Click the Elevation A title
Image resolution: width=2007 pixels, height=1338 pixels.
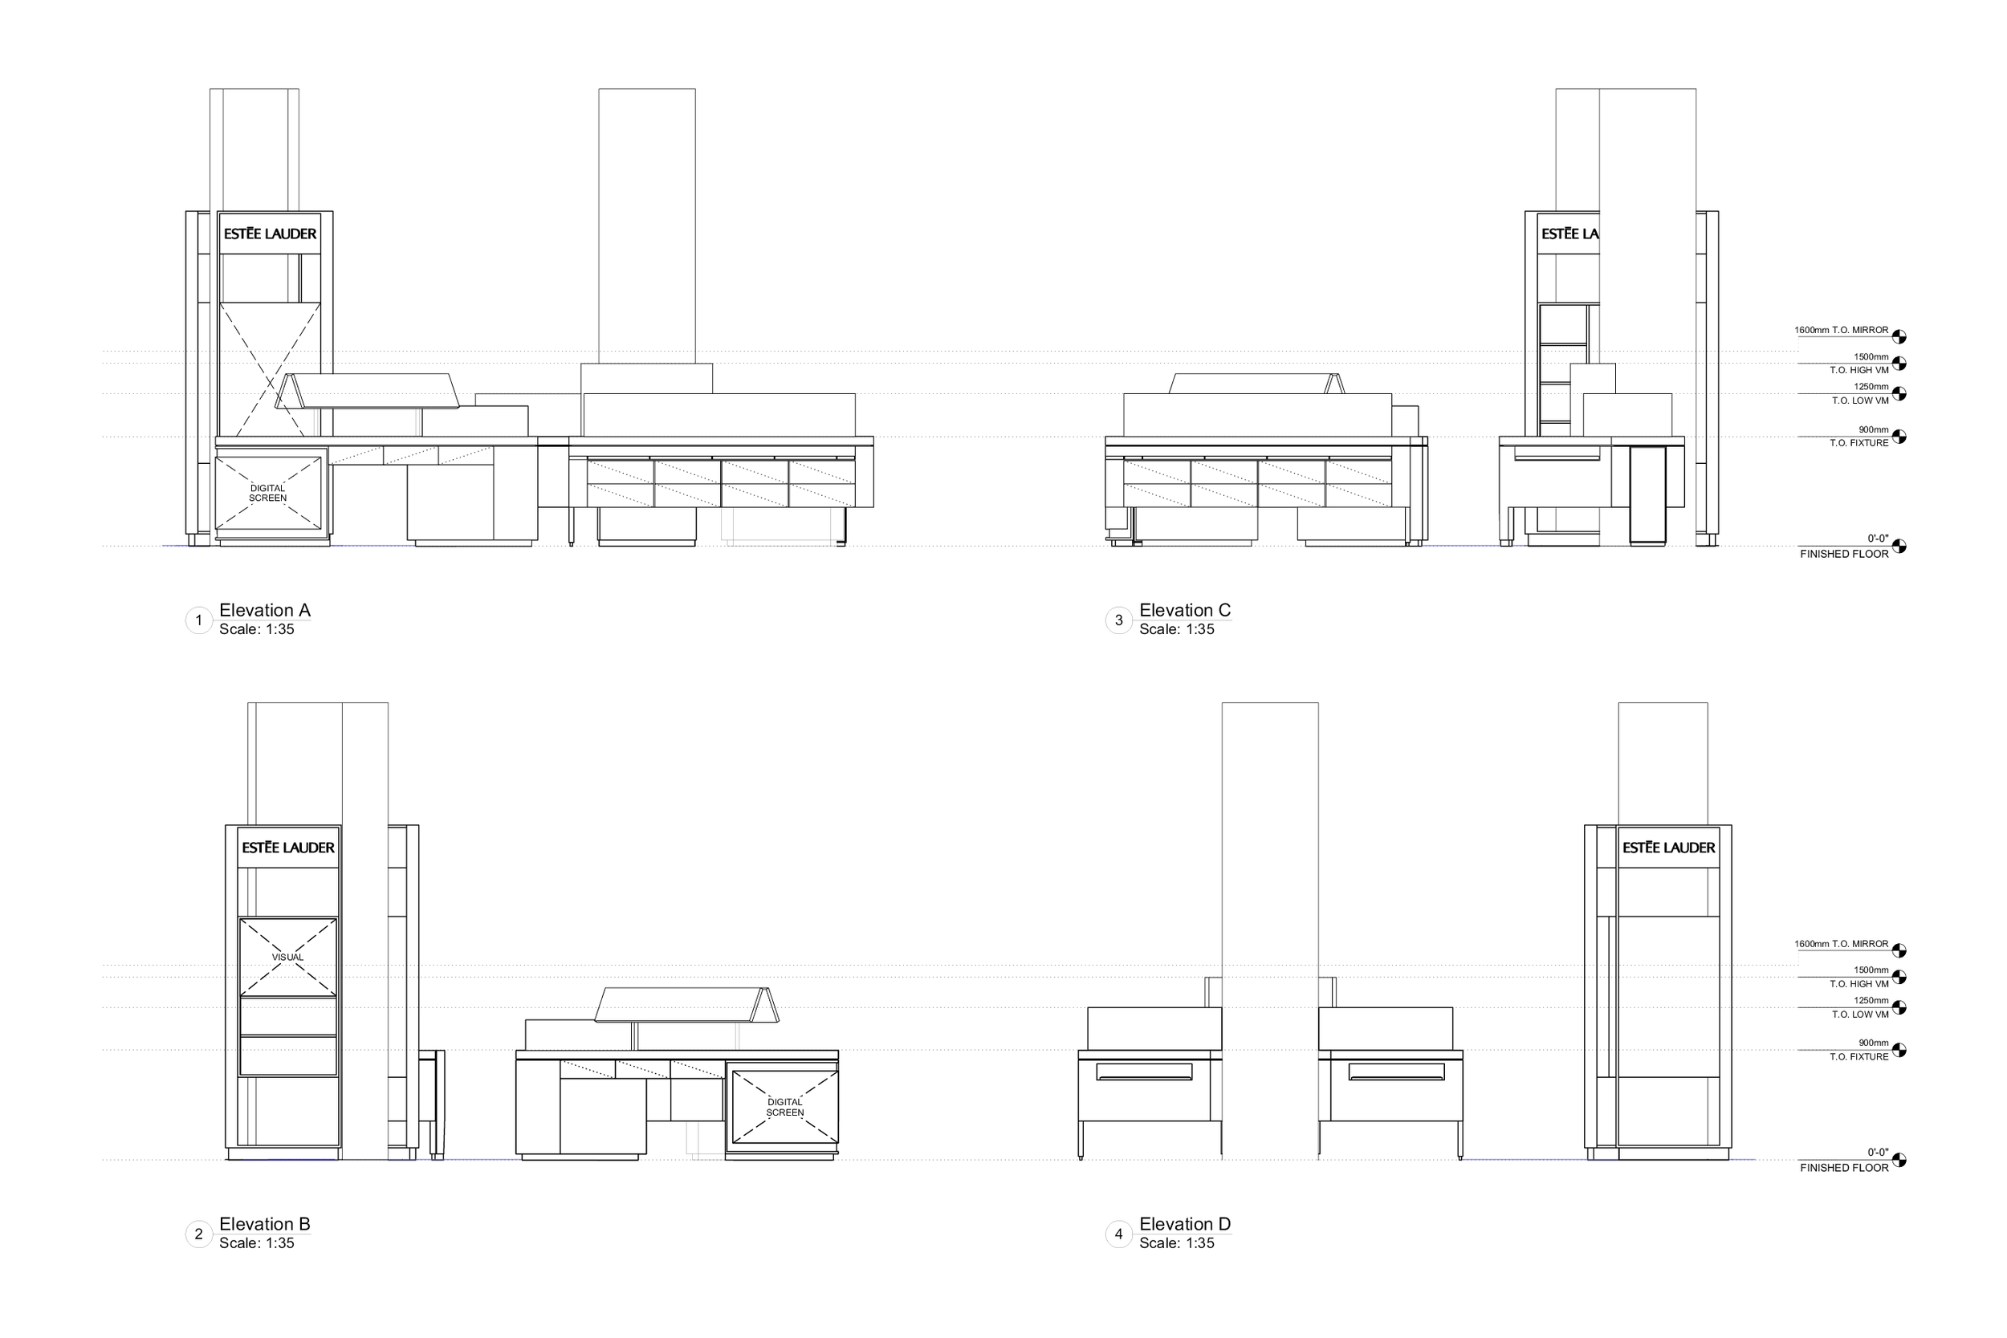tap(265, 610)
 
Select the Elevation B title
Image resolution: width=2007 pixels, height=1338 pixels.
tap(265, 1224)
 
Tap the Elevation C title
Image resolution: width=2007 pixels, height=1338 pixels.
tap(1184, 610)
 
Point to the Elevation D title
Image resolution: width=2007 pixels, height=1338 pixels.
tap(1184, 1224)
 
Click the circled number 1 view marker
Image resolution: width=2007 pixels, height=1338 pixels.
tap(199, 620)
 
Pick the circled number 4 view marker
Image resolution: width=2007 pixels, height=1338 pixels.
tap(1118, 1234)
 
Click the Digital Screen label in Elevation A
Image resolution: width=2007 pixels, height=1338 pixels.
tap(268, 493)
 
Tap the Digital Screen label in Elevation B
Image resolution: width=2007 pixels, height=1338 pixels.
tap(785, 1108)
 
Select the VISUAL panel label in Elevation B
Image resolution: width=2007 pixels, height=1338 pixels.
tap(287, 957)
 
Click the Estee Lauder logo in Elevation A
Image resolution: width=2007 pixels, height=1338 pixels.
tap(270, 234)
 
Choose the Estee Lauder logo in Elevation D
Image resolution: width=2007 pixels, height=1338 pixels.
tap(1668, 848)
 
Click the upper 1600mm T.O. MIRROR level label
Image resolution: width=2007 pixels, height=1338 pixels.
tap(1841, 330)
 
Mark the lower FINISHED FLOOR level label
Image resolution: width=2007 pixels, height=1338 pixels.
tap(1844, 1167)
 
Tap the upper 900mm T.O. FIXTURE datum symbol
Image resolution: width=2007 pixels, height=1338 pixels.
tap(1899, 437)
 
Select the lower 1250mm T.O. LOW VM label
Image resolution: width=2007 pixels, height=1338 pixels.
tap(1860, 1007)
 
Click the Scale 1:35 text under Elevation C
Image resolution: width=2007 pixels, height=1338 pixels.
tap(1176, 630)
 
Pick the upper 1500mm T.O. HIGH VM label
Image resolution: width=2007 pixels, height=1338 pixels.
tap(1860, 364)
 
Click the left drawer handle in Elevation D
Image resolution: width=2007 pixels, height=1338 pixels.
tap(1144, 1072)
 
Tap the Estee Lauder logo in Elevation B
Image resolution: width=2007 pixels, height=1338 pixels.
tap(287, 848)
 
